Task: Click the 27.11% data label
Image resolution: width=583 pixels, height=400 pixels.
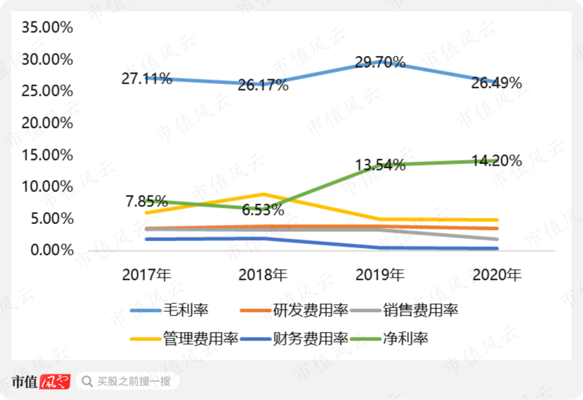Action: (147, 79)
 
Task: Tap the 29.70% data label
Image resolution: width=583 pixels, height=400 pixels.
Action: (380, 62)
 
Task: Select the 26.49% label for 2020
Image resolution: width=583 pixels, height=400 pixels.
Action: (497, 83)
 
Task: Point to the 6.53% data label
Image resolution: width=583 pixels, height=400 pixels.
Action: (263, 209)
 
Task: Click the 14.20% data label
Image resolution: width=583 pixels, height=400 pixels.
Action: (497, 160)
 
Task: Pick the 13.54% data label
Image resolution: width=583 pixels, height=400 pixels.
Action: (380, 165)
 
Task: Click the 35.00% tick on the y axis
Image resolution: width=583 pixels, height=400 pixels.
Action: (47, 27)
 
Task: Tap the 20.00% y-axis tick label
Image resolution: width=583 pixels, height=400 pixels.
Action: (47, 123)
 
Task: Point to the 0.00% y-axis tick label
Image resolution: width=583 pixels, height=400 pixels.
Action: (50, 250)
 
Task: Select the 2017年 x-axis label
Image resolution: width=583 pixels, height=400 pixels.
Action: (147, 275)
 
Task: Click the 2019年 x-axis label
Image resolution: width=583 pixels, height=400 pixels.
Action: (380, 275)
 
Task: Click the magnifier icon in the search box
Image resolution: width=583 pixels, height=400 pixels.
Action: (86, 382)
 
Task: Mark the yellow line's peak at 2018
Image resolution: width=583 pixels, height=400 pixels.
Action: (263, 194)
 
